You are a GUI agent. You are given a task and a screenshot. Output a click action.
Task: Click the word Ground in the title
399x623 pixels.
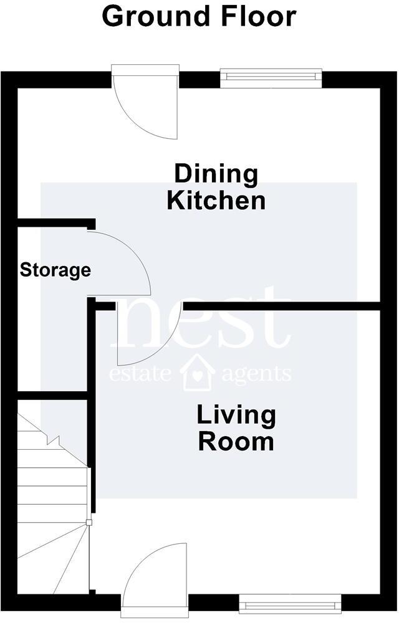pyautogui.click(x=150, y=17)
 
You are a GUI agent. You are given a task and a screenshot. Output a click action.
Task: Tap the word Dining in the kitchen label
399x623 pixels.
pyautogui.click(x=216, y=174)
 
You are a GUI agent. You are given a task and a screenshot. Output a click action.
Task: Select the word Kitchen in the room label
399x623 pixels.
pyautogui.click(x=216, y=201)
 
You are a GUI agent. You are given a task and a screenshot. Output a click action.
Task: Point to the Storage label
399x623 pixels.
pyautogui.click(x=55, y=270)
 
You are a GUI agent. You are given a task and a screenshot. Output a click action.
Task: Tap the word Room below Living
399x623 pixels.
pyautogui.click(x=236, y=442)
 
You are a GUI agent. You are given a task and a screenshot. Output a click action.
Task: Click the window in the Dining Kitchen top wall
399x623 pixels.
pyautogui.click(x=271, y=78)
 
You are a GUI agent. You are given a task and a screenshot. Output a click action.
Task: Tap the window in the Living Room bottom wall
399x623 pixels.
pyautogui.click(x=290, y=602)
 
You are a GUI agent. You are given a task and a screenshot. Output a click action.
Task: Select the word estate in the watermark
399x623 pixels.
pyautogui.click(x=140, y=374)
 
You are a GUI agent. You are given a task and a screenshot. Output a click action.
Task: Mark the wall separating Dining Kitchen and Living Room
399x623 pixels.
pyautogui.click(x=281, y=306)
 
